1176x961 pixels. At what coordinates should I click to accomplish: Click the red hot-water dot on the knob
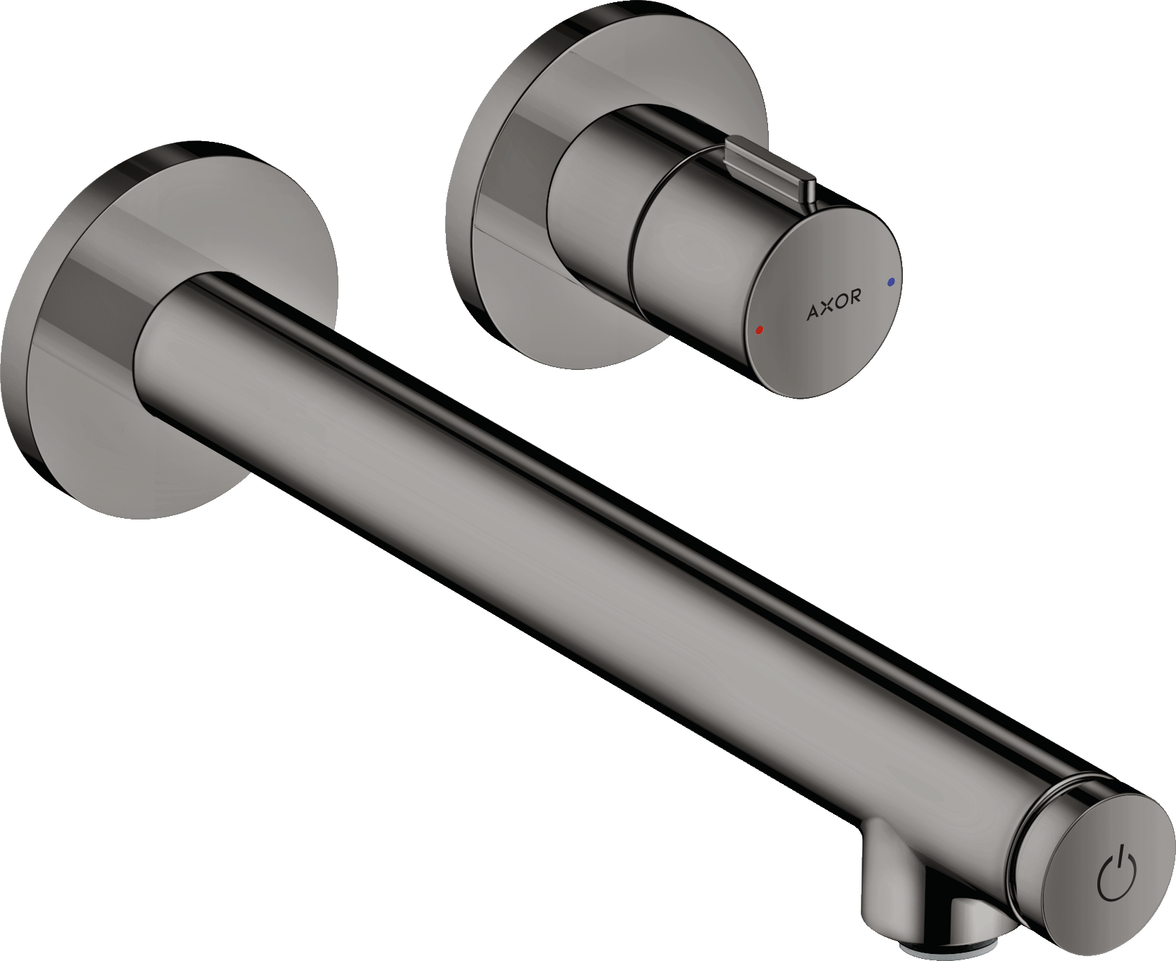pos(759,329)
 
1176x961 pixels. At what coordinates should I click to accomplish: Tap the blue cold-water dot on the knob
pos(891,281)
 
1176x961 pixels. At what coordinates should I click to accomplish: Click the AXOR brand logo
pos(833,303)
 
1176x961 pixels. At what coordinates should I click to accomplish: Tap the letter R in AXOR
pos(854,296)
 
